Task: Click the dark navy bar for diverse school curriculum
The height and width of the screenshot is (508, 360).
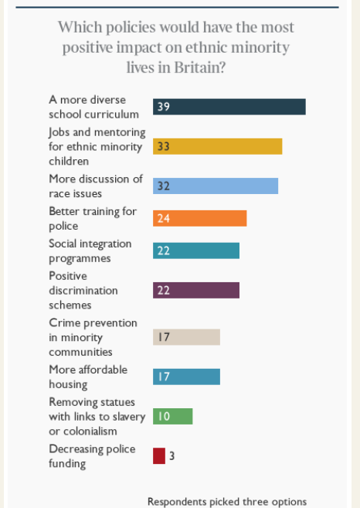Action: pyautogui.click(x=229, y=107)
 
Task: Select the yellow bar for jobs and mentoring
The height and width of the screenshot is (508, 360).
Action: pyautogui.click(x=217, y=146)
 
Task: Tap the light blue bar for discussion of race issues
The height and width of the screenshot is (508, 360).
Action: pyautogui.click(x=216, y=186)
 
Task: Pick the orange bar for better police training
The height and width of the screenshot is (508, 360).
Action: pyautogui.click(x=199, y=218)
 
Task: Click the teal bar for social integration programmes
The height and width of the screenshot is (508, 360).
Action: pyautogui.click(x=196, y=251)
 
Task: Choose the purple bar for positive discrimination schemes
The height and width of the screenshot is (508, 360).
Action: pyautogui.click(x=196, y=290)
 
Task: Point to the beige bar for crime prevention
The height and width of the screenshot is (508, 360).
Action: pyautogui.click(x=186, y=337)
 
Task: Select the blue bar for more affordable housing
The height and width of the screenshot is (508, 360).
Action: pyautogui.click(x=186, y=377)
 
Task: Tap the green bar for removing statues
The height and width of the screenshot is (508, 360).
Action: pyautogui.click(x=172, y=416)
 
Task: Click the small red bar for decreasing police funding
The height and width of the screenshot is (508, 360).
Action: pyautogui.click(x=158, y=455)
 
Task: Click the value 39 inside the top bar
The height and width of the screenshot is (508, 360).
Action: pyautogui.click(x=163, y=107)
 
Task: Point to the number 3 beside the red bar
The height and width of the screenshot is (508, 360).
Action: pyautogui.click(x=172, y=456)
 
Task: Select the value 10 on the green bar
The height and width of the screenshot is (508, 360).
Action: pyautogui.click(x=163, y=417)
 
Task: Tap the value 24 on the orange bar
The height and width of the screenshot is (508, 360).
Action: pyautogui.click(x=163, y=219)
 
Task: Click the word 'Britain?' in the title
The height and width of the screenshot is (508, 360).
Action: pyautogui.click(x=204, y=68)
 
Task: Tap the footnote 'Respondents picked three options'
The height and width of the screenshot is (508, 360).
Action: pyautogui.click(x=227, y=501)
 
